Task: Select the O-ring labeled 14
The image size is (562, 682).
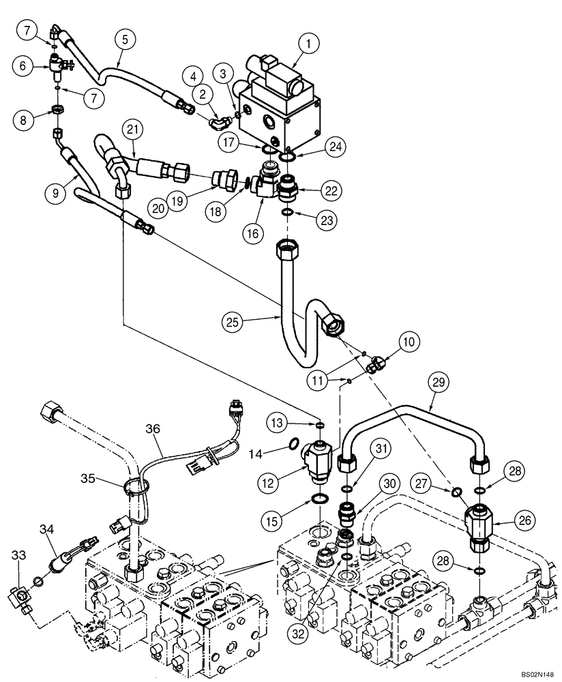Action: coord(292,445)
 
